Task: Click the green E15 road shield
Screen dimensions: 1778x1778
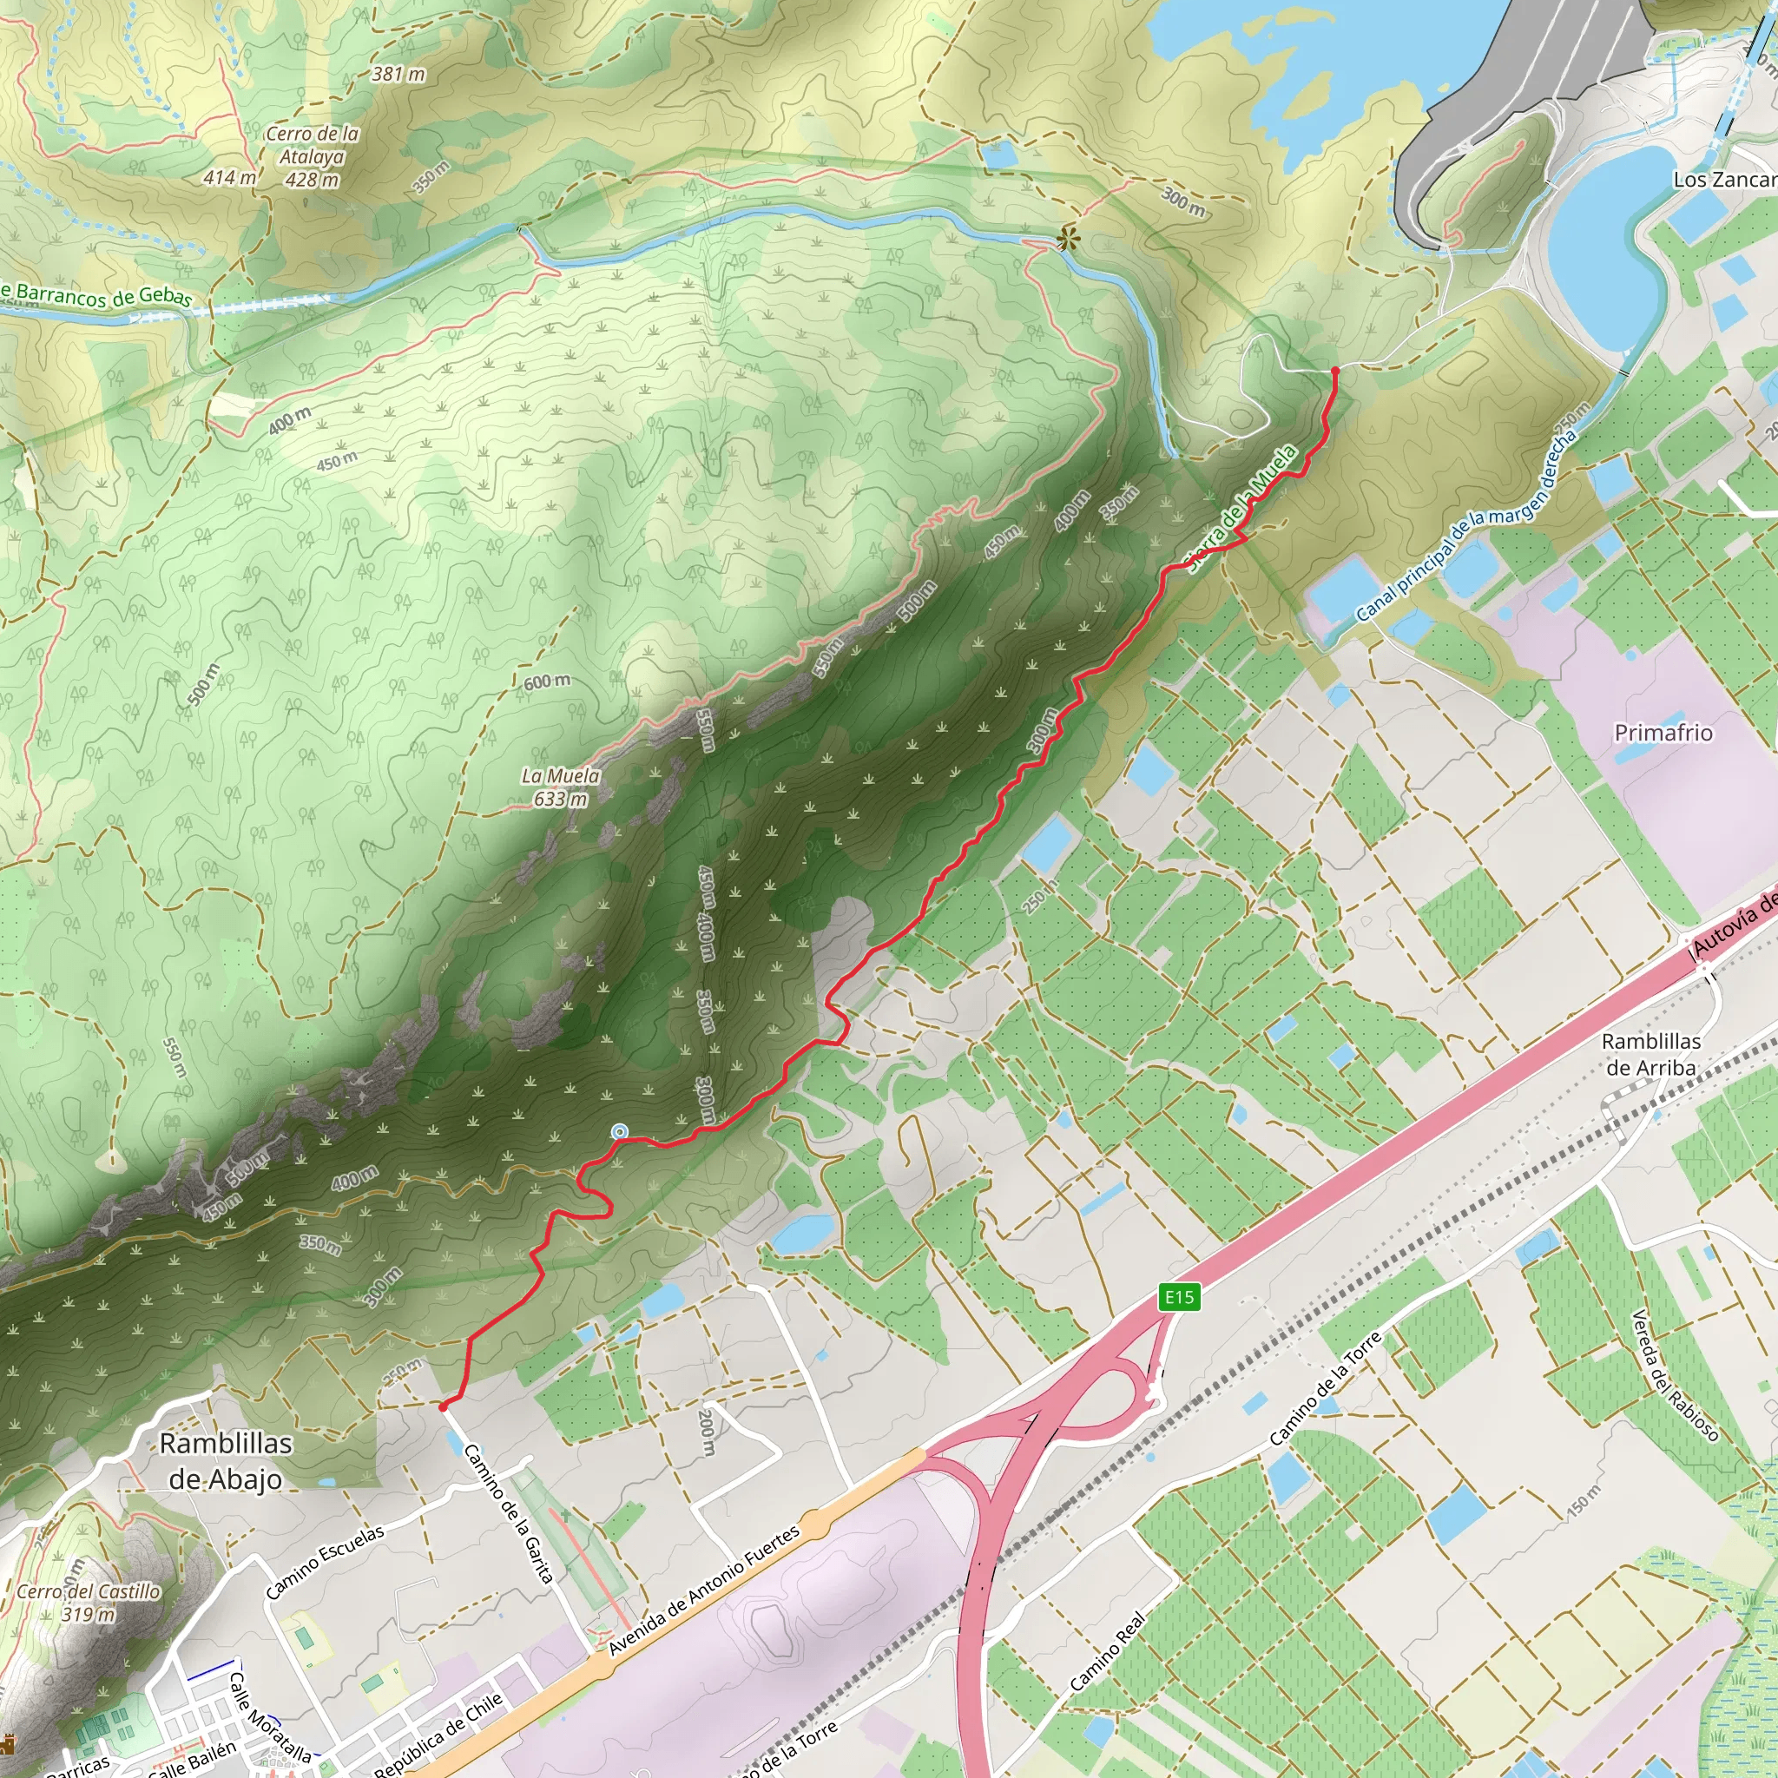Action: click(1179, 1298)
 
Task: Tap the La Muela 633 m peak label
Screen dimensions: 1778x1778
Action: click(561, 787)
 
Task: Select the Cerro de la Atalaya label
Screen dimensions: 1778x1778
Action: click(312, 156)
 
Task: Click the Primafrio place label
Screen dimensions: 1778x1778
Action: click(1663, 733)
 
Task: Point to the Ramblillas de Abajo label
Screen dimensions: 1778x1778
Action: click(226, 1460)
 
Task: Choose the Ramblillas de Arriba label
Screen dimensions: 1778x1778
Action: click(1651, 1054)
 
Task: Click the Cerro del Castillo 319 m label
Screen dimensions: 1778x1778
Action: click(89, 1603)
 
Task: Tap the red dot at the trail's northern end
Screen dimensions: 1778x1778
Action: click(1335, 370)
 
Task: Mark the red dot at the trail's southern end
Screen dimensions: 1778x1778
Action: click(443, 1406)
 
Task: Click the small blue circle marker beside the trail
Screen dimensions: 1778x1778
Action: click(620, 1131)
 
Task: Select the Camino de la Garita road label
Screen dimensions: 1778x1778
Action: click(509, 1514)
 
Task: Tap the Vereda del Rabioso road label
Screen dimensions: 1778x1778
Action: click(1674, 1375)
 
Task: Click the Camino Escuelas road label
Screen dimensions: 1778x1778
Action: click(325, 1562)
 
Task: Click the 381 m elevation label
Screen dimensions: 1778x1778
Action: click(398, 74)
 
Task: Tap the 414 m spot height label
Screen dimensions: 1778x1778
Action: click(229, 177)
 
